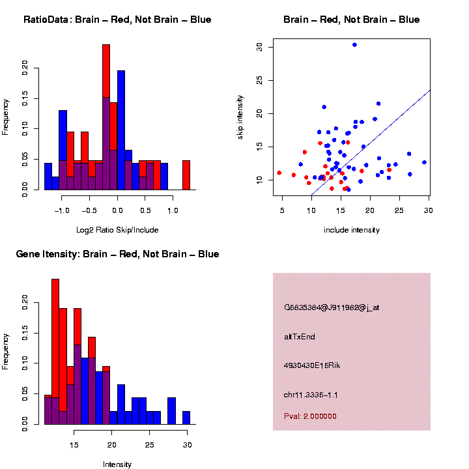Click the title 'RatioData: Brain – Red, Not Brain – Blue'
click(x=117, y=20)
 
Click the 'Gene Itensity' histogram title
click(x=117, y=254)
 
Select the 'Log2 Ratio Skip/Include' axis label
click(x=117, y=229)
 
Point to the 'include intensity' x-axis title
click(x=351, y=229)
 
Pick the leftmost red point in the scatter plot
click(x=279, y=173)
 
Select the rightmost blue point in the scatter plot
click(x=424, y=162)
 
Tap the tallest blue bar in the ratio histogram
click(x=121, y=130)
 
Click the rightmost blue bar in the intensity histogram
click(x=186, y=418)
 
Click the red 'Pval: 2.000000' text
click(x=310, y=416)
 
